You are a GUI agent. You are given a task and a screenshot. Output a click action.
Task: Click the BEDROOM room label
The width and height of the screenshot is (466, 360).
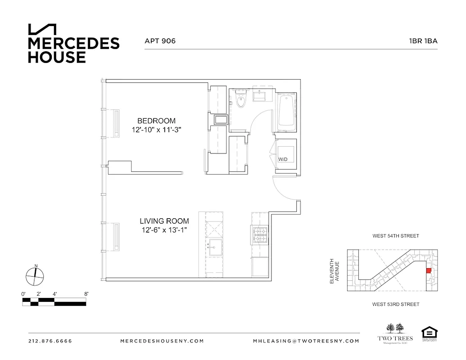[x=156, y=121]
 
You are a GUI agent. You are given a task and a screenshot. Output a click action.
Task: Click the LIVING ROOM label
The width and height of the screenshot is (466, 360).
[x=164, y=221]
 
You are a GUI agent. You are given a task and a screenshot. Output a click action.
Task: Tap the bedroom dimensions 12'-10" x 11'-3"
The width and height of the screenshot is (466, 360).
[x=156, y=130]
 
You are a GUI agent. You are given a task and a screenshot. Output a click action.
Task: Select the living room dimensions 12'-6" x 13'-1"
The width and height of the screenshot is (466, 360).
[x=164, y=230]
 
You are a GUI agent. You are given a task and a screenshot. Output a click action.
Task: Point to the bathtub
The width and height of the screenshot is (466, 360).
[x=286, y=111]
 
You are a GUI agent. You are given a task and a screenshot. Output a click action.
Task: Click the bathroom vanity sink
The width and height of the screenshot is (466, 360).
[x=261, y=95]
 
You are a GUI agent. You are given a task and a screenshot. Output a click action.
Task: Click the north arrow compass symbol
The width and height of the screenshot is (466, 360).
[x=35, y=275]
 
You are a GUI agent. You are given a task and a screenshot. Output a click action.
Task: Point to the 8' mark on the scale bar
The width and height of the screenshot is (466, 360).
[x=86, y=294]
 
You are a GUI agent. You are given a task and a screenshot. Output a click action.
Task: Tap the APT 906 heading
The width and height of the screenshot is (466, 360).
[x=160, y=41]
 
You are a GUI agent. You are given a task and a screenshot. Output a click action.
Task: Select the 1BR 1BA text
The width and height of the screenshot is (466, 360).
[x=423, y=41]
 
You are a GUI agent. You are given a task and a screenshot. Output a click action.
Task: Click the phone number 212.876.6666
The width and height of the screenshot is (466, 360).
[x=50, y=341]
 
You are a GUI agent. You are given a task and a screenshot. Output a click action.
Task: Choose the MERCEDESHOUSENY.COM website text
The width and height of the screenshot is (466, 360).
[x=162, y=341]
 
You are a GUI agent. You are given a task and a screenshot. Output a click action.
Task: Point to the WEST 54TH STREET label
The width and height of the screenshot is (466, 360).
[x=395, y=236]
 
